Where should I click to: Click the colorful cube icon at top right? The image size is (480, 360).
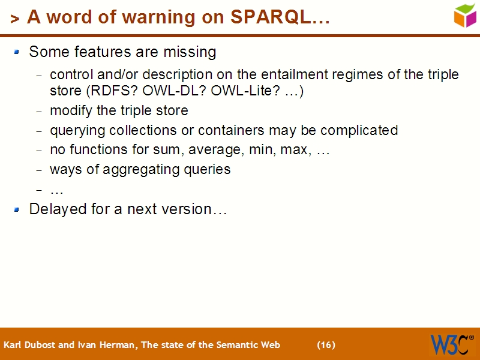464,15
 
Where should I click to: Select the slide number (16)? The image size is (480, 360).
326,345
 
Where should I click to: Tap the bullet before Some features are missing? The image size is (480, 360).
17,52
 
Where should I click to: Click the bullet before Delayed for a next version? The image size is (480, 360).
17,209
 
